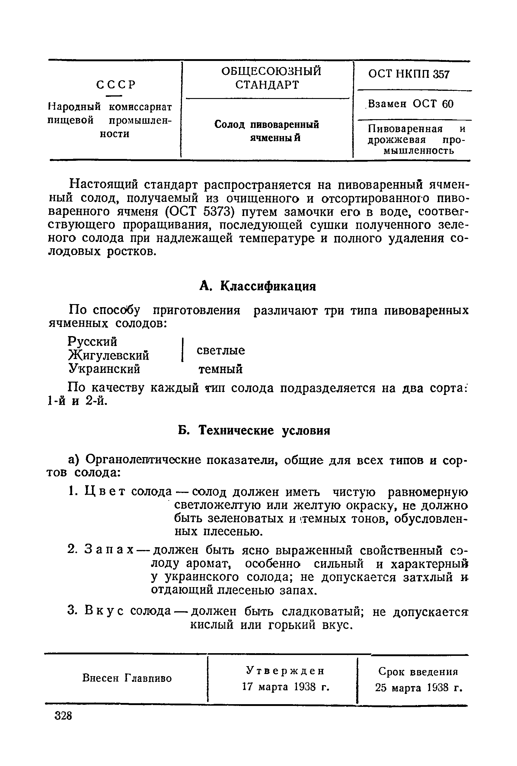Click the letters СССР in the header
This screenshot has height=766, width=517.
click(x=116, y=85)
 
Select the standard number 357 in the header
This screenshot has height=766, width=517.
click(x=442, y=75)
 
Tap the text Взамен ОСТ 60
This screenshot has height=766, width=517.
click(x=411, y=104)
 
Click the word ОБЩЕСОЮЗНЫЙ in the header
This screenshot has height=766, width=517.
click(x=271, y=72)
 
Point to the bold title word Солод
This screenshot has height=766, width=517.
click(x=230, y=125)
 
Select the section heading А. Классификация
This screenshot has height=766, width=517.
click(x=258, y=286)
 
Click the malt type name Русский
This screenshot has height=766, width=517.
click(x=92, y=342)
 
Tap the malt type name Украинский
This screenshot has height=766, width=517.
click(x=104, y=368)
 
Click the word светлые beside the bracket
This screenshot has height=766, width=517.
click(x=221, y=350)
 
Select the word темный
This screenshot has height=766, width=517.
click(x=221, y=369)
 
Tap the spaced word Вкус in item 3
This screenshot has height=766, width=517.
click(x=104, y=611)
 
